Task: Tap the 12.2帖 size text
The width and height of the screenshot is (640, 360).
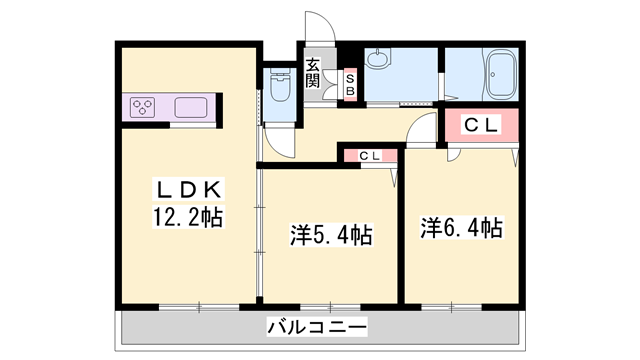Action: click(x=188, y=215)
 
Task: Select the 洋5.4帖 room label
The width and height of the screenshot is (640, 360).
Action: click(x=331, y=236)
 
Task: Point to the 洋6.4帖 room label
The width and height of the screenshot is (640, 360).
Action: click(x=460, y=228)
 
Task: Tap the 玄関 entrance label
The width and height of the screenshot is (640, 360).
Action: click(x=313, y=73)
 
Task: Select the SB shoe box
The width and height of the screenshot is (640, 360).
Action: click(x=350, y=80)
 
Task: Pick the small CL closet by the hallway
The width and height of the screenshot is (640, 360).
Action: click(x=369, y=155)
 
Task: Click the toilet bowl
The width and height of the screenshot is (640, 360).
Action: click(x=279, y=93)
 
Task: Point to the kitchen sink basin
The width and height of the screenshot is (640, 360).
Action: click(x=189, y=107)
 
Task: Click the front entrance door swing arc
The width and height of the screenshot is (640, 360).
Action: click(x=318, y=28)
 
